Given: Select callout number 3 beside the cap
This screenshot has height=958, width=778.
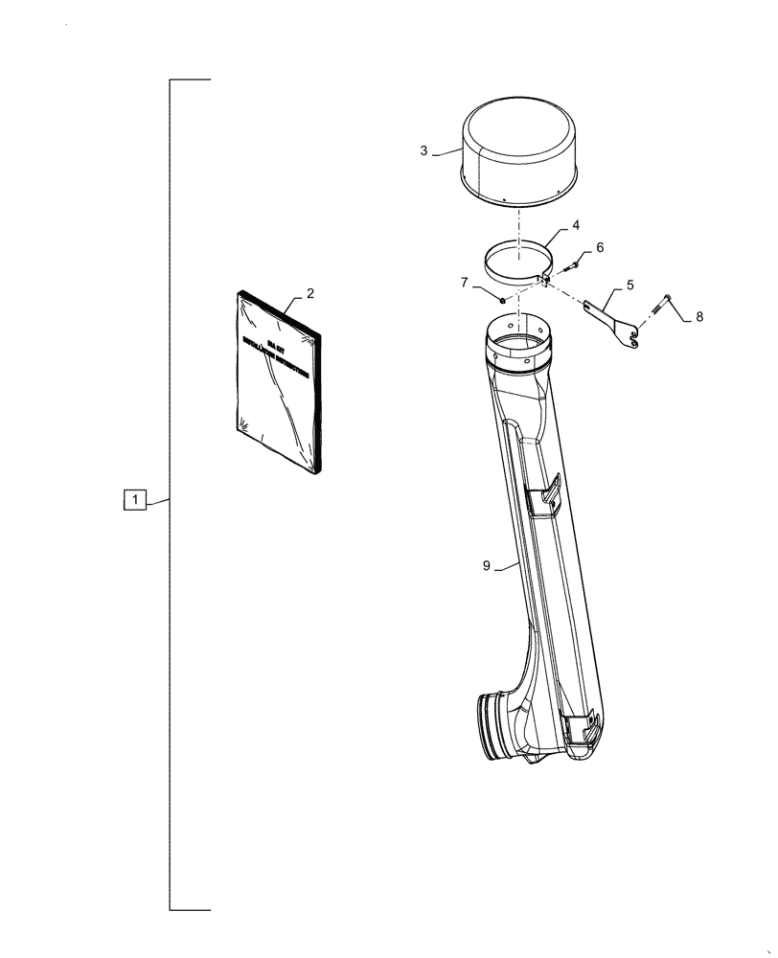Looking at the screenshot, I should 424,150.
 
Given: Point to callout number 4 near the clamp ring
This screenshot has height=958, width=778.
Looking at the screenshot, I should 576,226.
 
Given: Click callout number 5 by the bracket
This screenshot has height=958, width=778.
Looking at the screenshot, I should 629,285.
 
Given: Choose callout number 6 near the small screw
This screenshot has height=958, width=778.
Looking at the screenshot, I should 600,247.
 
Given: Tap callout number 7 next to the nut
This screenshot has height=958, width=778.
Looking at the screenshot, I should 464,283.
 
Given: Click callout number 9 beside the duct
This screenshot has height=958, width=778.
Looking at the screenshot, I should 487,566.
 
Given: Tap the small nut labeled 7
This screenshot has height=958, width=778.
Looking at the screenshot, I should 502,300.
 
